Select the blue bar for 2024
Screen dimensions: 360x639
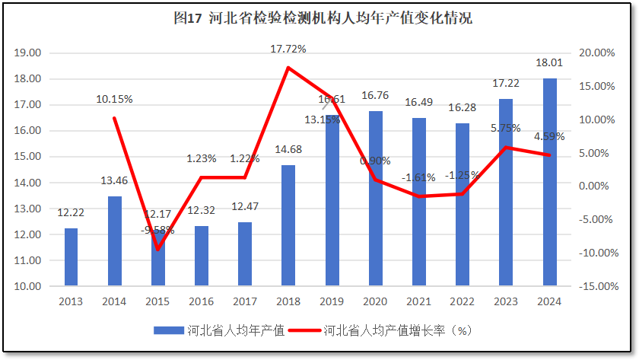click(549, 183)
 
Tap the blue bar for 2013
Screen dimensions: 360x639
click(71, 257)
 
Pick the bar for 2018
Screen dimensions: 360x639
click(288, 225)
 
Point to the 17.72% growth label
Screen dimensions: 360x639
click(288, 49)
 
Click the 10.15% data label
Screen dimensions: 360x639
click(115, 99)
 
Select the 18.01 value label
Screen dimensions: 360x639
click(549, 63)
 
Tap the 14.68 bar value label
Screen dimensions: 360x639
click(288, 150)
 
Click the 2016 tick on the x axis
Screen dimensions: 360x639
click(202, 301)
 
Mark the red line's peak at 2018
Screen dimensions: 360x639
click(288, 68)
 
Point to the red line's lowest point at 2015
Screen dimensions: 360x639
click(158, 249)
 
